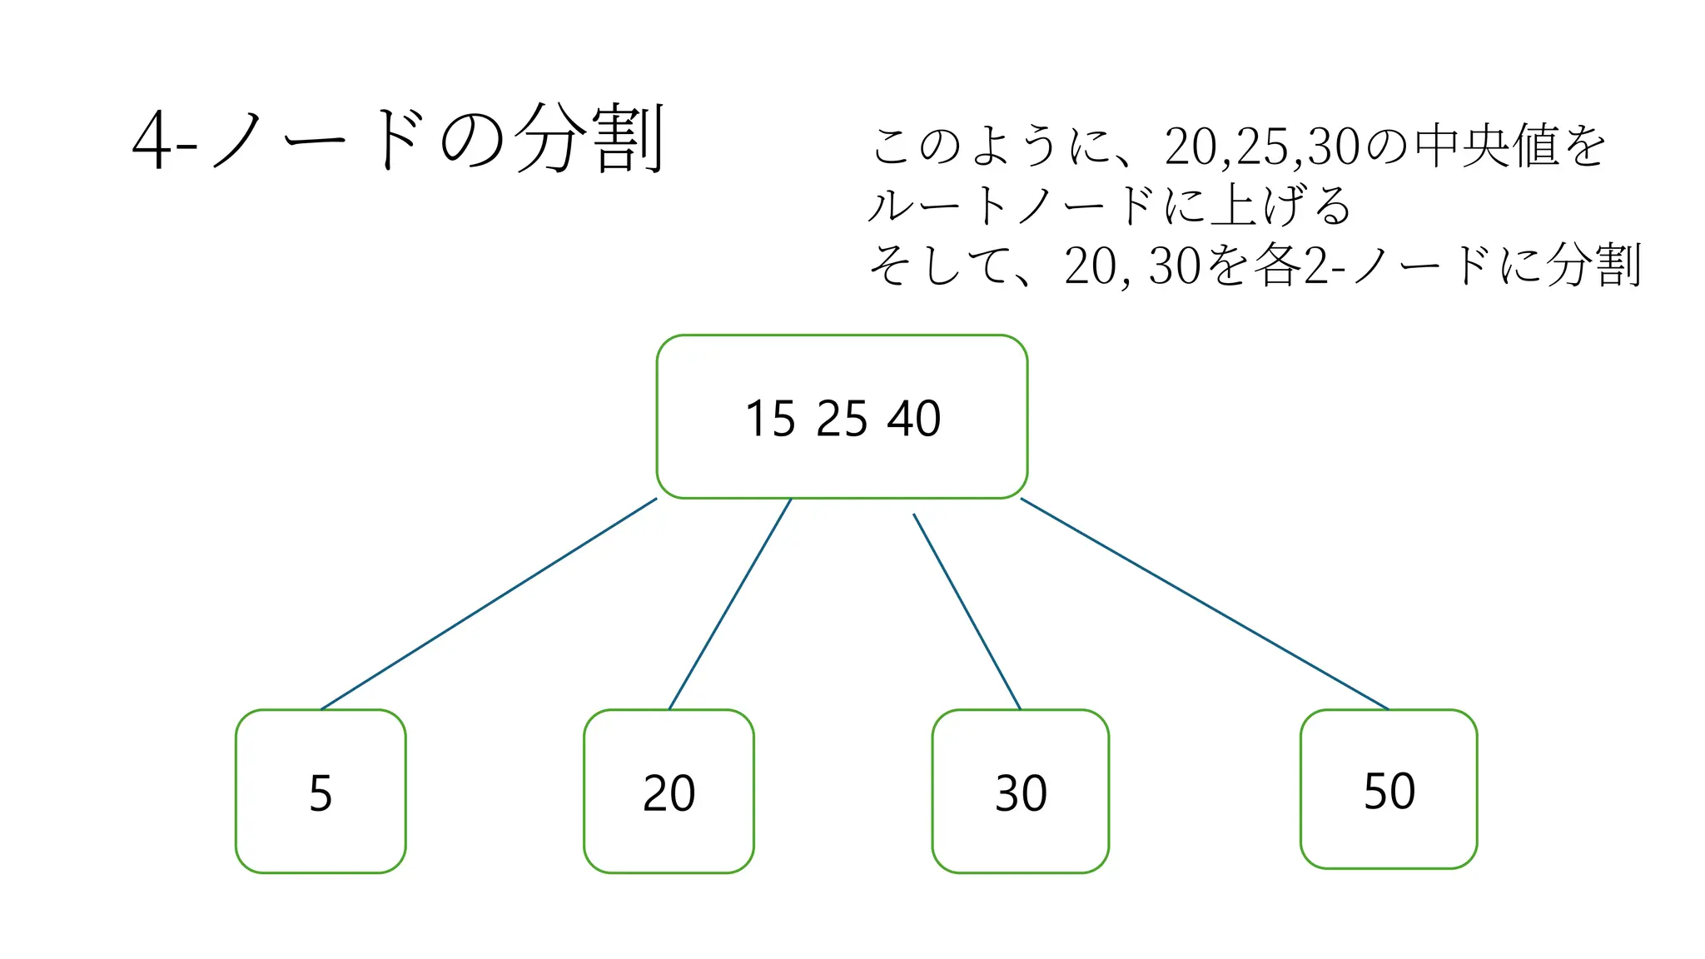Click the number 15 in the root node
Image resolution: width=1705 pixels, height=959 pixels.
click(x=770, y=419)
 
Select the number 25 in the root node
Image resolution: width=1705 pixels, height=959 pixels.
click(x=842, y=419)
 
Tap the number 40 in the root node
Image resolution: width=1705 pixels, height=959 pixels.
click(x=914, y=419)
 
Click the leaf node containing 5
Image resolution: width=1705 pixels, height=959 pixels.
click(x=321, y=792)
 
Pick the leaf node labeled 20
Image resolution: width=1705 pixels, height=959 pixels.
click(x=669, y=792)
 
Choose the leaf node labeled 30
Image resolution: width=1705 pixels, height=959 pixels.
click(x=1021, y=792)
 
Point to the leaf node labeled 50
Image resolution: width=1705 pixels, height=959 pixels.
click(x=1389, y=789)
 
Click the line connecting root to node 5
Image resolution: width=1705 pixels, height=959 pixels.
click(x=489, y=604)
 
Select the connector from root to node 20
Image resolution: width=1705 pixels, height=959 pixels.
click(x=730, y=604)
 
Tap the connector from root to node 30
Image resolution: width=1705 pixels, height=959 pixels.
click(x=967, y=611)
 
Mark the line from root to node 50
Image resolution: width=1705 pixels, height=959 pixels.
click(x=1205, y=604)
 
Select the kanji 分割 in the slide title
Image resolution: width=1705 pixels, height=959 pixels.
click(x=589, y=139)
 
